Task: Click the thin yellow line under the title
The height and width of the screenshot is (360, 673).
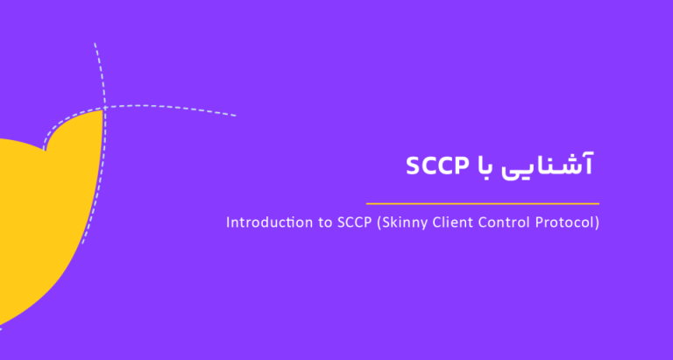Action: [x=483, y=203]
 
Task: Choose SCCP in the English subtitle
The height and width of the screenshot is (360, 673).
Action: [x=348, y=222]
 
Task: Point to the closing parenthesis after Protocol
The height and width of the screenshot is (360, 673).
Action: [x=597, y=223]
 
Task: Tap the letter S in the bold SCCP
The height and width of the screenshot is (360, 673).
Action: [x=413, y=166]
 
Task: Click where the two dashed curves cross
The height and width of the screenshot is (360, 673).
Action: [x=103, y=109]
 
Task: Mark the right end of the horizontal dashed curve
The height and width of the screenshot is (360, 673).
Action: [x=235, y=116]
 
